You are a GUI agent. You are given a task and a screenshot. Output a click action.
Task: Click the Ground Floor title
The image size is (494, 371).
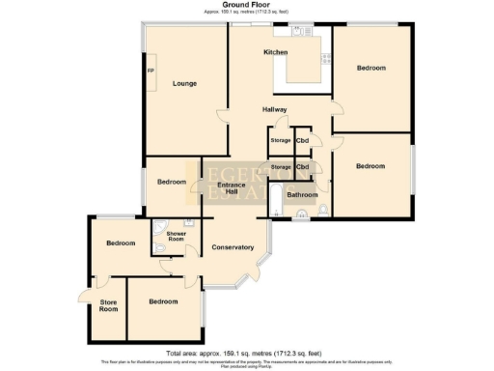click(247, 4)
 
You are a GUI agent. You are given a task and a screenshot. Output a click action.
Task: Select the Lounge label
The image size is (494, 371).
click(184, 84)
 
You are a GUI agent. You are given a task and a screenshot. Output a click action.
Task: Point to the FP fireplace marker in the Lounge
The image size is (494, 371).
click(151, 71)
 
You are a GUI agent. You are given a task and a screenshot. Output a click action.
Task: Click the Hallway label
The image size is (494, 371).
click(275, 109)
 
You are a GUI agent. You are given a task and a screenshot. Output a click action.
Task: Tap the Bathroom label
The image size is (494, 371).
click(303, 195)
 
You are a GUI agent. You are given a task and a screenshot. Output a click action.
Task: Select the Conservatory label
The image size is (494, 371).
click(233, 248)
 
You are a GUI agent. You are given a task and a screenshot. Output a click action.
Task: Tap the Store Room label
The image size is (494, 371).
click(108, 306)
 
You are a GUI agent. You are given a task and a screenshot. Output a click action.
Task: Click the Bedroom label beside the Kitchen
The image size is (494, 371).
click(370, 69)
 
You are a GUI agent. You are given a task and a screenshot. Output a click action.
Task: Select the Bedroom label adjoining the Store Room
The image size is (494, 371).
click(163, 302)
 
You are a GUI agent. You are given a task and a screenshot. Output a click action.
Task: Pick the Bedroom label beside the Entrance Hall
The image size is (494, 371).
click(172, 182)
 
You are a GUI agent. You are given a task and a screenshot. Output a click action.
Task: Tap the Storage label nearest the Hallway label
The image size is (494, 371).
click(281, 141)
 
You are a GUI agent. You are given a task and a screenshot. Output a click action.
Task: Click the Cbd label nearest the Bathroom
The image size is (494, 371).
click(303, 167)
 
